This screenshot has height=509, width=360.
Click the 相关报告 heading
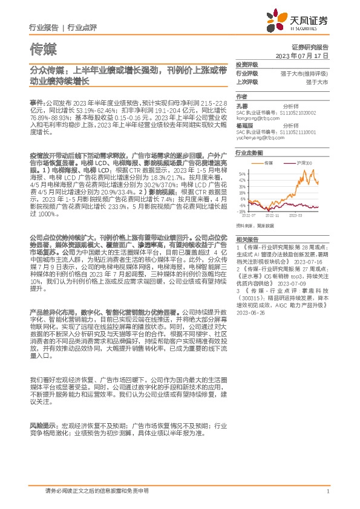[x=246, y=240]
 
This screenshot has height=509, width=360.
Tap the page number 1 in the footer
[x=327, y=490]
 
